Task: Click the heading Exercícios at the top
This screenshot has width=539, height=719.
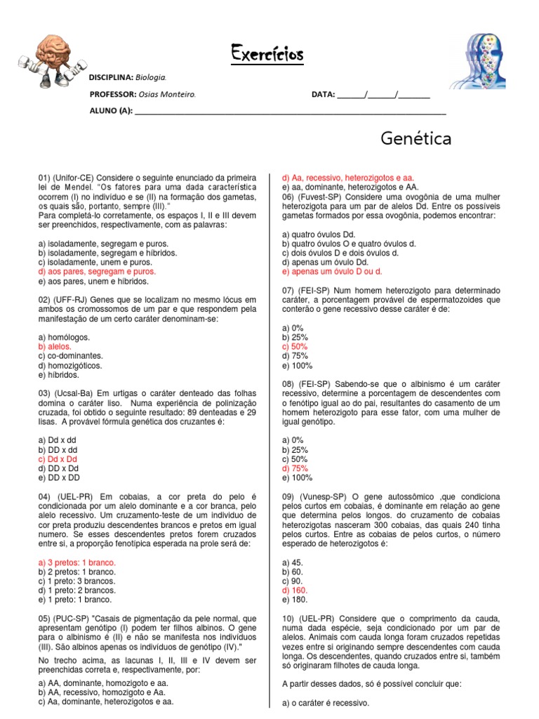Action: pyautogui.click(x=267, y=54)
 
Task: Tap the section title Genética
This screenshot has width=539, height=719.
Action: pyautogui.click(x=416, y=139)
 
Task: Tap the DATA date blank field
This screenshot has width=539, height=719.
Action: pyautogui.click(x=383, y=95)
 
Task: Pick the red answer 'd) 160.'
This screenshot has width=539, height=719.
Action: pyautogui.click(x=294, y=591)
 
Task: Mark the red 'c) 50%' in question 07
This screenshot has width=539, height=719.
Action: pyautogui.click(x=294, y=347)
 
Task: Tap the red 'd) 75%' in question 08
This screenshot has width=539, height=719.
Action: pyautogui.click(x=294, y=468)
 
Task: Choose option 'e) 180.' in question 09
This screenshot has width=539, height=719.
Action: pyautogui.click(x=294, y=600)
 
